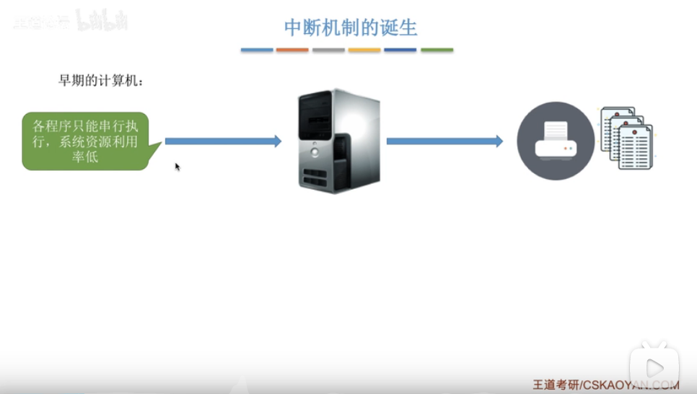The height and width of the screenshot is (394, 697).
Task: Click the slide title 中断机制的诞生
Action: click(351, 28)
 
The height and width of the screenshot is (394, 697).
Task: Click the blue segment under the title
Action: click(257, 50)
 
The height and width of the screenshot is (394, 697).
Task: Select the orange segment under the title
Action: click(292, 50)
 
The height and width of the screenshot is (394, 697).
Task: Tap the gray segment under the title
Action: click(328, 50)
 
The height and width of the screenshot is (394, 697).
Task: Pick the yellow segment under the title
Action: click(364, 50)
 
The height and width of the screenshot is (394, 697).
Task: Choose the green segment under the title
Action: click(437, 50)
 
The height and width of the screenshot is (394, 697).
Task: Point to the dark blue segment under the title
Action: click(400, 50)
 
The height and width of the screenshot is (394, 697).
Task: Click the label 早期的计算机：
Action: click(100, 81)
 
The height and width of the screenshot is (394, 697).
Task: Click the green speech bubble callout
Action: click(85, 141)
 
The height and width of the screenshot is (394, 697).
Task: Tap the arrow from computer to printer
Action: click(444, 141)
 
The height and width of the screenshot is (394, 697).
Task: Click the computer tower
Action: click(338, 141)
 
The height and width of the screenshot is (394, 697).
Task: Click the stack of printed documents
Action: click(626, 139)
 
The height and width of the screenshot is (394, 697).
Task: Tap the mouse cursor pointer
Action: click(177, 167)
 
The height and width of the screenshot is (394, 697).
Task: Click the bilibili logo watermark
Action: click(101, 21)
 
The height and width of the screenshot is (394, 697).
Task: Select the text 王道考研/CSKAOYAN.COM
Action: click(605, 385)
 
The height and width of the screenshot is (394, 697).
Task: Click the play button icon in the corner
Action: click(654, 364)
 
